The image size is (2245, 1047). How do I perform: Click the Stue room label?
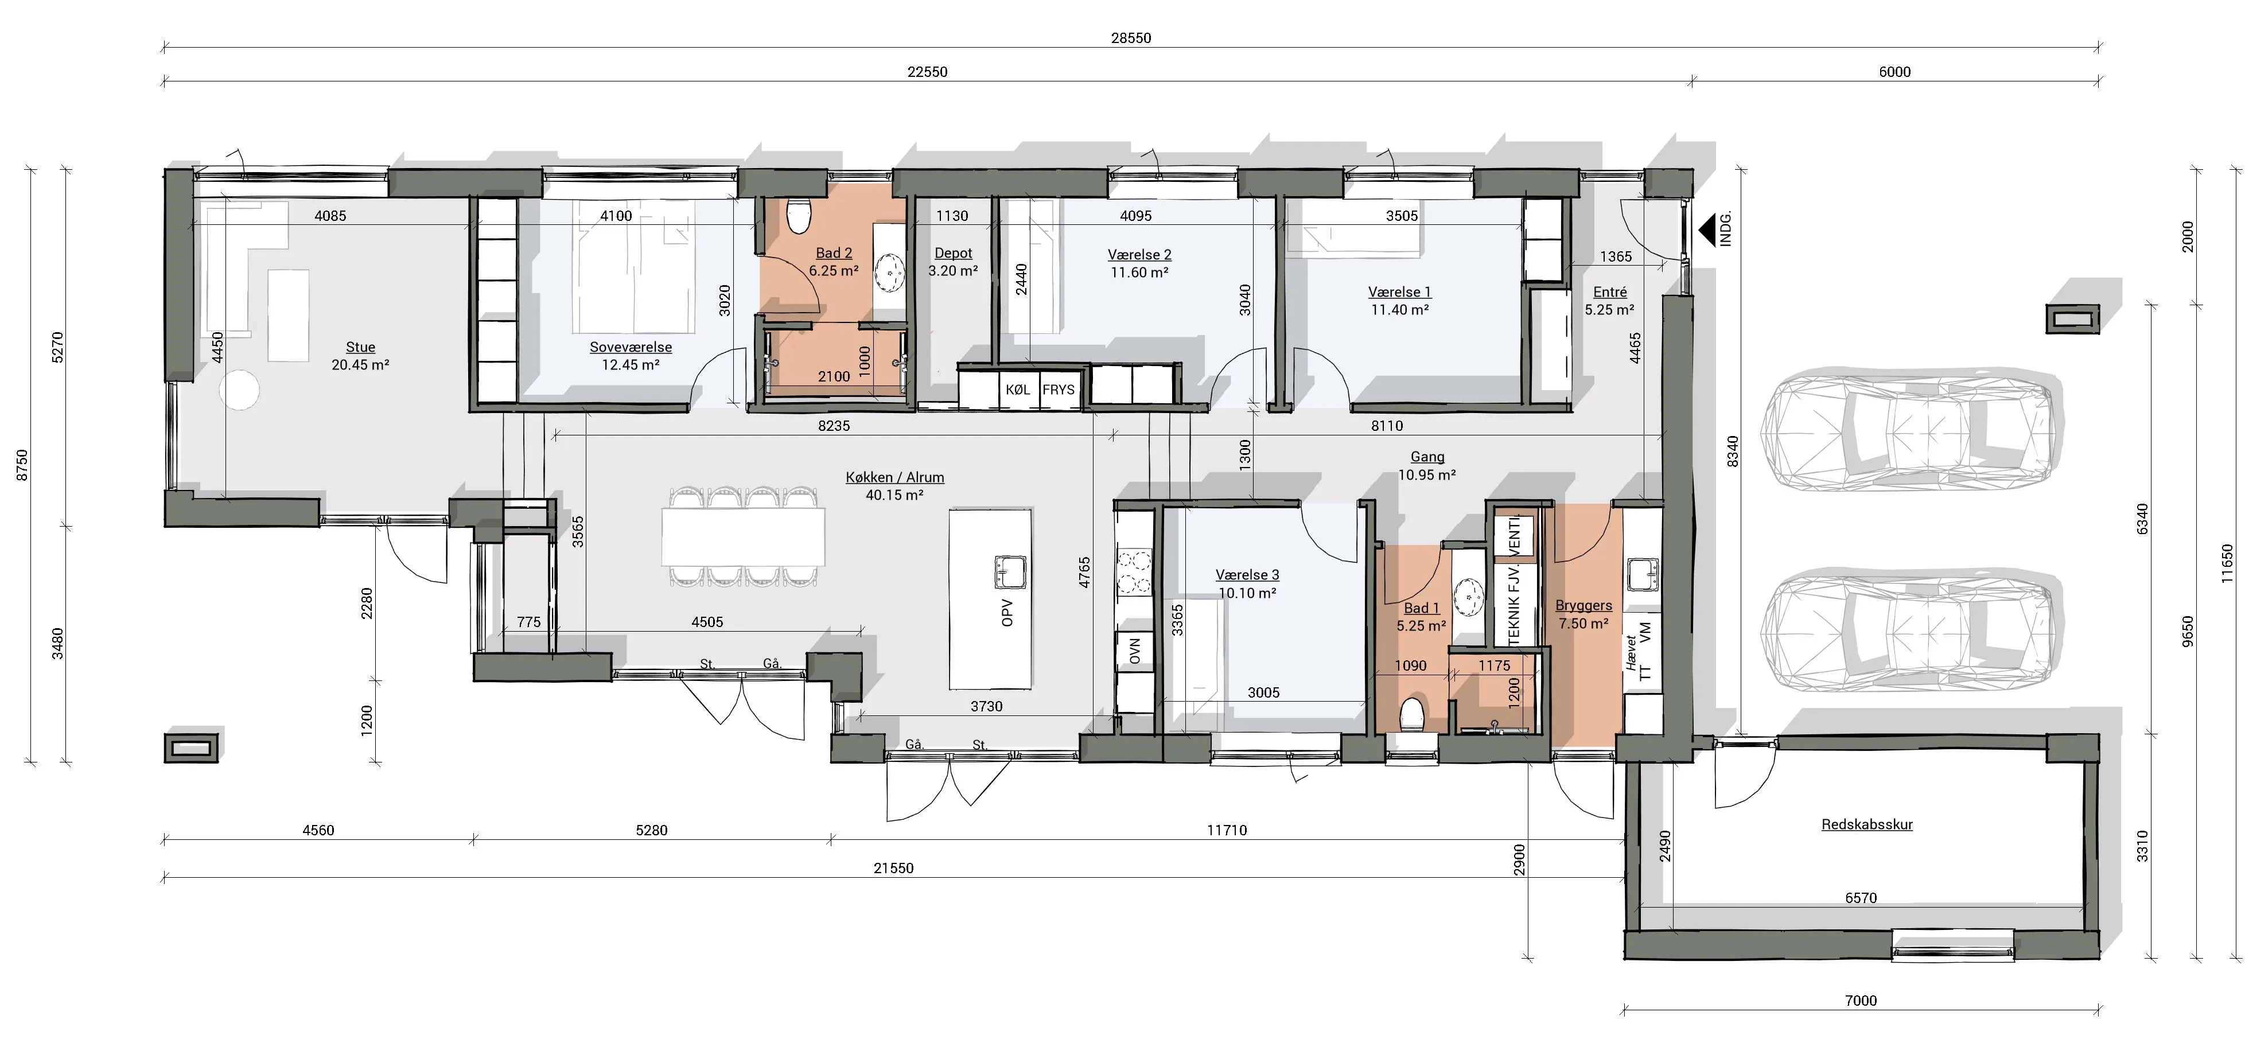360,347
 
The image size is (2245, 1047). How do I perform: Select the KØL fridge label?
1017,390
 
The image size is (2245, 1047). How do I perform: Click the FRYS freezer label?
1059,390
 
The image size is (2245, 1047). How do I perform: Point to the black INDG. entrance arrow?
1708,229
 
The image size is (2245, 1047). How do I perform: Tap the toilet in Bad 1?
1412,715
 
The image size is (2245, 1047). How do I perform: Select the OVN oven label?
1135,651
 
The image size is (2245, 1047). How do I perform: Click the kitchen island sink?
1011,573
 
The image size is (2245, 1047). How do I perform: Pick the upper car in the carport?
1906,433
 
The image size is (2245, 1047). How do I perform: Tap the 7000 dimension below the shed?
1861,1000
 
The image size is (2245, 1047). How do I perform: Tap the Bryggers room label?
1583,605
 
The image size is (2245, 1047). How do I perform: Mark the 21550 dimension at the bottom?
893,867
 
